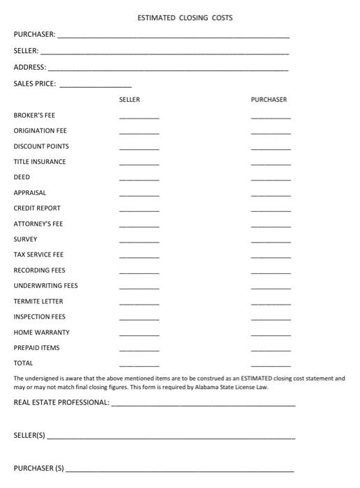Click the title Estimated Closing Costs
(185, 17)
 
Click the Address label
(29, 68)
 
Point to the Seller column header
(130, 100)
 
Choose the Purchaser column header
(269, 100)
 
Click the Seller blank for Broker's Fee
(139, 117)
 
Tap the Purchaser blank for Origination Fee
(271, 132)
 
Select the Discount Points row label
(41, 146)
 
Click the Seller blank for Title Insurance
(139, 164)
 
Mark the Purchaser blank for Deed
(271, 179)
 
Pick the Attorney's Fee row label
(38, 224)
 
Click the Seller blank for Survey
(139, 241)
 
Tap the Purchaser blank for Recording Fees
(271, 272)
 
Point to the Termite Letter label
(38, 301)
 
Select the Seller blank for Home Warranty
(139, 334)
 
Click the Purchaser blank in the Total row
(271, 365)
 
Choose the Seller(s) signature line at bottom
(170, 438)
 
